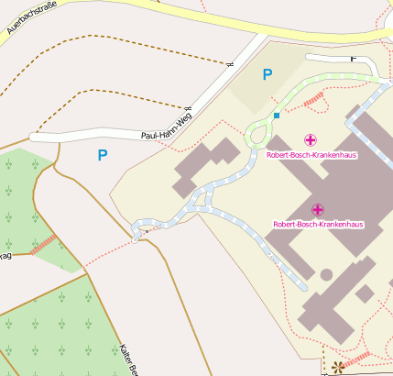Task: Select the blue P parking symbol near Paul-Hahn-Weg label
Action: (x=102, y=156)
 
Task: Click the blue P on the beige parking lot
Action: (x=267, y=74)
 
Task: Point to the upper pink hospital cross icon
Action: (x=311, y=140)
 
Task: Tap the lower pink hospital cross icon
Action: (x=318, y=210)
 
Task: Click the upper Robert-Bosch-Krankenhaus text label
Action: (x=311, y=155)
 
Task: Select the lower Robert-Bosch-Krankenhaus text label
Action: (x=318, y=225)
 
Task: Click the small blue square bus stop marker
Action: (x=276, y=116)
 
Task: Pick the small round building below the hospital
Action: (x=326, y=274)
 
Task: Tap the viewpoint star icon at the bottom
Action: (x=338, y=368)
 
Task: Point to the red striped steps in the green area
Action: (x=43, y=245)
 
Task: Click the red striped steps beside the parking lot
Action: (x=313, y=97)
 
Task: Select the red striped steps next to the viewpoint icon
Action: (x=357, y=359)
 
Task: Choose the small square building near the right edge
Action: (x=365, y=293)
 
